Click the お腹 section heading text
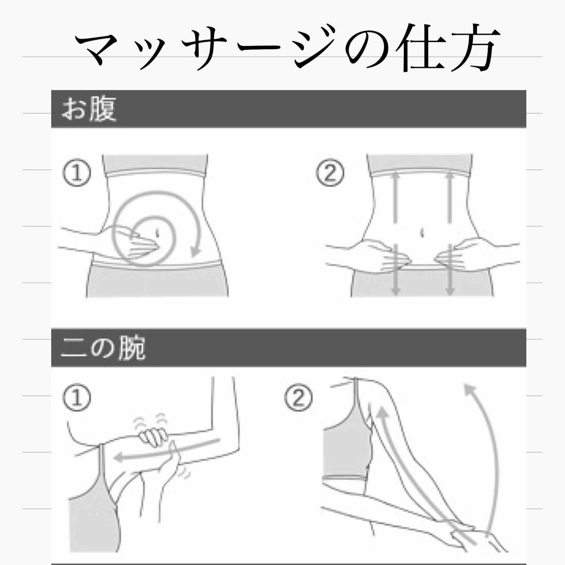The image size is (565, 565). click(89, 109)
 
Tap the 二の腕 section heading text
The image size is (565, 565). click(103, 348)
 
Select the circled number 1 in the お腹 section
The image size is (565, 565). click(77, 173)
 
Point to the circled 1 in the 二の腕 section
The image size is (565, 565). click(77, 397)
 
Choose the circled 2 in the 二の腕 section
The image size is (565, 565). click(299, 397)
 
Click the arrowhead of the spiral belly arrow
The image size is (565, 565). click(196, 251)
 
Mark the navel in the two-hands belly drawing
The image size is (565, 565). click(422, 233)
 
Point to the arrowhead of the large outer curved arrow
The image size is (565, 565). click(470, 390)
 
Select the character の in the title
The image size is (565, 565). click(367, 49)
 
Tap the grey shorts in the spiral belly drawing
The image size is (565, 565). click(157, 281)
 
